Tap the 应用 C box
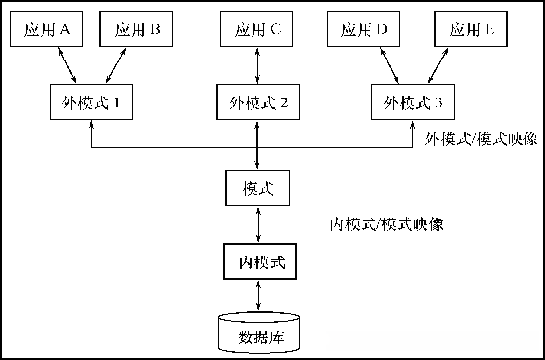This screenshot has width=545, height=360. [257, 29]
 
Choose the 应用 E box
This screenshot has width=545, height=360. [475, 29]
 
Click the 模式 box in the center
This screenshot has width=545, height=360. [257, 187]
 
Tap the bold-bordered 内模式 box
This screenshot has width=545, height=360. [257, 262]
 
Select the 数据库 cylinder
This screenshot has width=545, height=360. [258, 334]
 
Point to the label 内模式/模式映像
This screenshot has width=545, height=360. [386, 223]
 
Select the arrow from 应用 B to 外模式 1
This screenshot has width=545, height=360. [115, 65]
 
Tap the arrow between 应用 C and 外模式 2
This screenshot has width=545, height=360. [257, 65]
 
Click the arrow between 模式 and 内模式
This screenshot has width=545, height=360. [257, 224]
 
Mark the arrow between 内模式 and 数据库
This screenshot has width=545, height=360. [257, 296]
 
